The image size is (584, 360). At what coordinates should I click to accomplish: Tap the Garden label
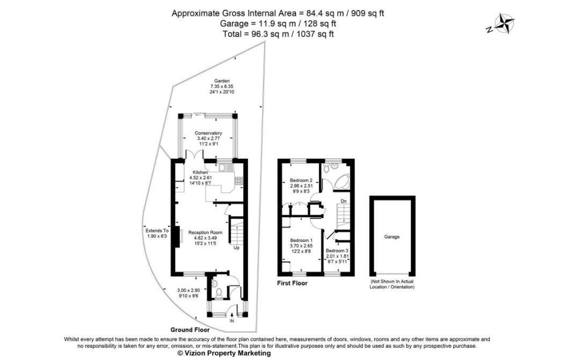click(222, 81)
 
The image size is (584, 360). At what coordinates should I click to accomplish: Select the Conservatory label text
click(208, 133)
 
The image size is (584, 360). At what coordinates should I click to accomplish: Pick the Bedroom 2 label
click(301, 180)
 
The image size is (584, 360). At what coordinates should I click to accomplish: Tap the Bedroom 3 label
click(337, 251)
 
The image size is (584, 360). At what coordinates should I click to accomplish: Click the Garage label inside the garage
click(392, 237)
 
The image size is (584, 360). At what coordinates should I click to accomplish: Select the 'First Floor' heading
click(292, 283)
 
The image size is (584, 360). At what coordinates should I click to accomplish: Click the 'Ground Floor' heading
click(189, 329)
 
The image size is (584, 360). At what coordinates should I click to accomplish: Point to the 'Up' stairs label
click(236, 248)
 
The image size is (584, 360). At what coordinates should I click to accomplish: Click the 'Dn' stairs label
click(344, 202)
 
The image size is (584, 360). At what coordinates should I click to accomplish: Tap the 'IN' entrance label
click(232, 321)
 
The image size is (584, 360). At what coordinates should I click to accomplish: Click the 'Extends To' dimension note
click(157, 230)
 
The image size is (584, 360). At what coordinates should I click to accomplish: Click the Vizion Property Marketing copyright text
click(224, 354)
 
